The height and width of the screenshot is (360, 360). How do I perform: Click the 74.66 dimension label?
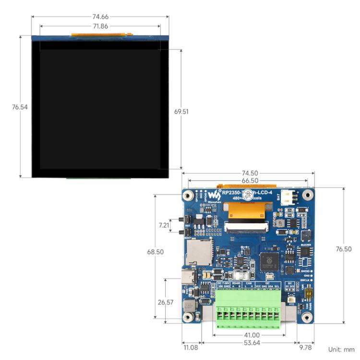100,16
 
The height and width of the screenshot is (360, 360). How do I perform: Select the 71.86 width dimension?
100,26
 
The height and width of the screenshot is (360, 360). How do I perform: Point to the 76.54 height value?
20,107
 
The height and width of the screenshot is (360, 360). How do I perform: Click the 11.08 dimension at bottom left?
190,347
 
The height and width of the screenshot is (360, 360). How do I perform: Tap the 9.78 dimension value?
305,347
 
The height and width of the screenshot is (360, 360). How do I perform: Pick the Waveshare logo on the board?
212,196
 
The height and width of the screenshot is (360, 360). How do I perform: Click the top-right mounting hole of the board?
308,195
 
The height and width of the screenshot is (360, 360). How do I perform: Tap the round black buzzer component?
306,235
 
